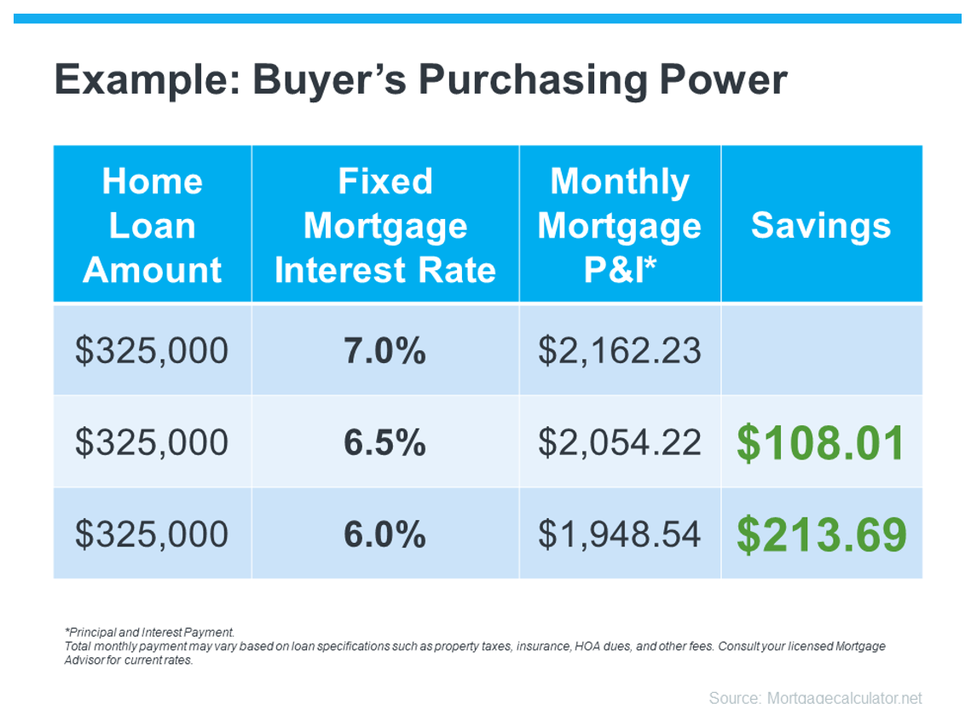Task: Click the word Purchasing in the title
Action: tap(532, 80)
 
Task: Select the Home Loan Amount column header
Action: tap(153, 225)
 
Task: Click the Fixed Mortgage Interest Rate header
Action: tap(385, 225)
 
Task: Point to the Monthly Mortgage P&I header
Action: tap(620, 225)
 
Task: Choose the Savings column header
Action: tap(821, 225)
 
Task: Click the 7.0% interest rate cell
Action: tap(385, 350)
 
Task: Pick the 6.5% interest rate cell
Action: tap(385, 442)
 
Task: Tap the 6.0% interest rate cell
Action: tap(385, 534)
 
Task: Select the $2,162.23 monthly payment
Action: tap(620, 351)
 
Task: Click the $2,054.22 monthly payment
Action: tap(620, 442)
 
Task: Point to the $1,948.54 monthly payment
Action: tap(620, 534)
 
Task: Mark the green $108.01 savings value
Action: tap(821, 443)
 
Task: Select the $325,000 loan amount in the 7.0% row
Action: tap(152, 351)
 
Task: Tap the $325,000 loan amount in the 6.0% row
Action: tap(152, 534)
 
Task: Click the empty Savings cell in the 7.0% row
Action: tap(822, 349)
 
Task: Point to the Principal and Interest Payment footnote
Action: tap(149, 632)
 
